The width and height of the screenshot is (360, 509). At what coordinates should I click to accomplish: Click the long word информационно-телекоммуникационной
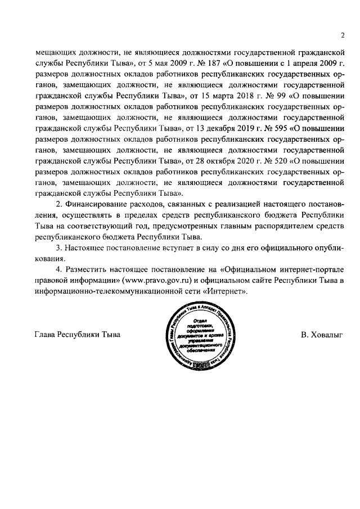[105, 293]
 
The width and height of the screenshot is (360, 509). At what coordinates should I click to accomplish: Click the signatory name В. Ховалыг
[321, 336]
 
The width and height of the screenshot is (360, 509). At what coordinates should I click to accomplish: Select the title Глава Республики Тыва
[78, 336]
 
